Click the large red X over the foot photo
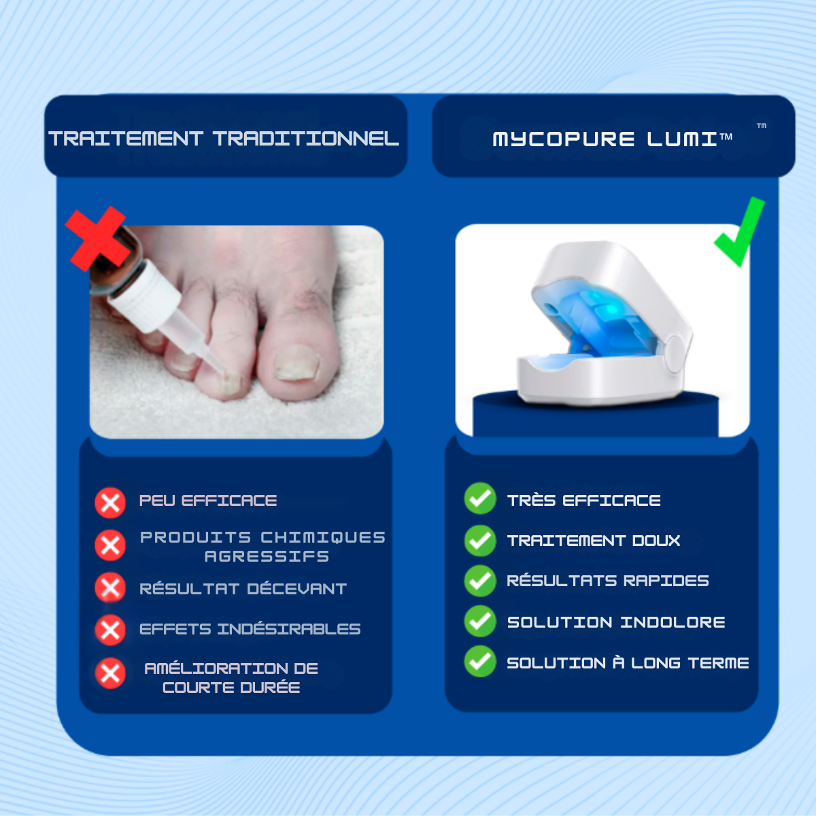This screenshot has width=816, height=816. pos(97,239)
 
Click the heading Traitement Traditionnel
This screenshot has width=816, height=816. pos(224,139)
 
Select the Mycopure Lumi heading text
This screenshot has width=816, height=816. pos(612,139)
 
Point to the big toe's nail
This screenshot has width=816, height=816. pos(297,363)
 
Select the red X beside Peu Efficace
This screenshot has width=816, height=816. pos(110,503)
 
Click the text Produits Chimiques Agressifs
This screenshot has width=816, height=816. pos(262,547)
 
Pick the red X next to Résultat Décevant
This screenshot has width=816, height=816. pos(110,588)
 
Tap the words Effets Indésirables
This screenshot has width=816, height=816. pos(250,629)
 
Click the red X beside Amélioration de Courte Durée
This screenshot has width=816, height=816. pos(110,673)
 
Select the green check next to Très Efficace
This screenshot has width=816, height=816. pos(480,498)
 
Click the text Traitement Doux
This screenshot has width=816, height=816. pos(594,541)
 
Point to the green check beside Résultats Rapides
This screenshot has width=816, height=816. pos(480,581)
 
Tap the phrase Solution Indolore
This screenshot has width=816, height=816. pos(616,622)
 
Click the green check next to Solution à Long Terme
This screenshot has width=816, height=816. pos(480,662)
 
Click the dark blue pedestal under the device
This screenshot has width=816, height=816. pos(596,417)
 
